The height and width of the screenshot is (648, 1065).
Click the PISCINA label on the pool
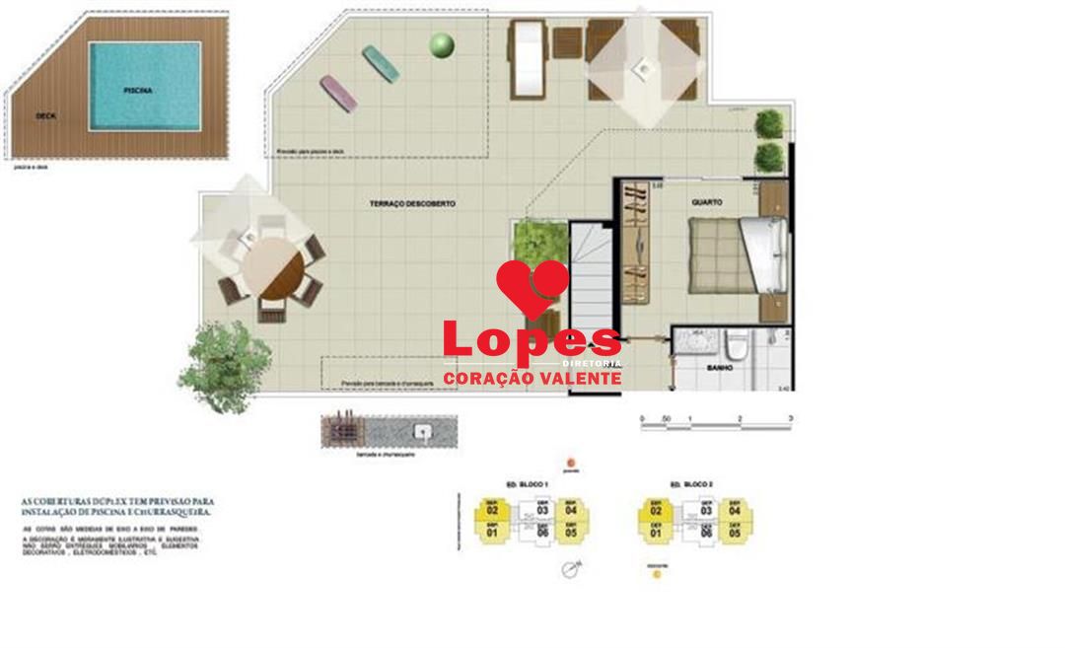pyautogui.click(x=138, y=90)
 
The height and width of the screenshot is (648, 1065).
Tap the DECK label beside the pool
pyautogui.click(x=45, y=115)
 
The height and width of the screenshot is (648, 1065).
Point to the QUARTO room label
pyautogui.click(x=707, y=202)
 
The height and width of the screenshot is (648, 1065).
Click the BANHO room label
pyautogui.click(x=720, y=368)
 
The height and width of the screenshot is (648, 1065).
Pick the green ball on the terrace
pyautogui.click(x=442, y=44)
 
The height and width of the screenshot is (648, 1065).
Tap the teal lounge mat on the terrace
pyautogui.click(x=381, y=63)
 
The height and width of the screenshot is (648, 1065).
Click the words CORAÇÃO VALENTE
pyautogui.click(x=532, y=378)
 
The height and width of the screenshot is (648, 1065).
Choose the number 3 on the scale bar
pyautogui.click(x=791, y=419)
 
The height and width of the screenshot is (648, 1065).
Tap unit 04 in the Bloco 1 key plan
pyautogui.click(x=569, y=510)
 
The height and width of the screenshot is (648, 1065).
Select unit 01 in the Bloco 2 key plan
pyautogui.click(x=656, y=533)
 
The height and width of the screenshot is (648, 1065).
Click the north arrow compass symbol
pyautogui.click(x=569, y=568)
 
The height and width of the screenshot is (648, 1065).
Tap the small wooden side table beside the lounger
pyautogui.click(x=567, y=42)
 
